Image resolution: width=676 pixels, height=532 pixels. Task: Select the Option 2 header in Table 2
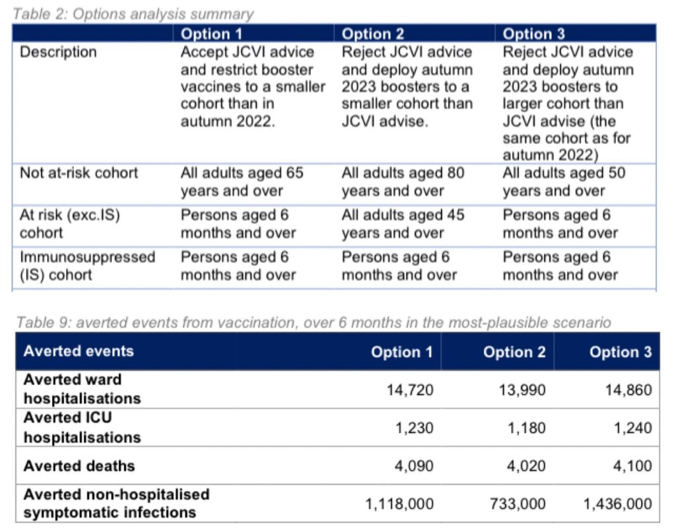click(373, 34)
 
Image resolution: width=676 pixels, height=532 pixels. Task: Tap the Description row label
click(58, 52)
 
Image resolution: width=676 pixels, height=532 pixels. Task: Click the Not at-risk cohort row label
click(79, 173)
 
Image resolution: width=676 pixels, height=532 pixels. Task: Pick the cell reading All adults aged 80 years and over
click(403, 182)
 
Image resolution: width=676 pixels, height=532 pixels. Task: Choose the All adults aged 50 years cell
click(564, 182)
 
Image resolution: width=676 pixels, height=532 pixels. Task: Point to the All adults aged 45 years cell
click(403, 224)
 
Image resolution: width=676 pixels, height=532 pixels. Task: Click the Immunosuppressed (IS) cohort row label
click(87, 265)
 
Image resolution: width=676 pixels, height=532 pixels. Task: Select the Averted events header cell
click(79, 350)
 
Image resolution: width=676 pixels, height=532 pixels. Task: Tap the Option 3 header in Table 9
click(620, 352)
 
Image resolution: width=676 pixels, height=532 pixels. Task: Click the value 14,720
click(409, 389)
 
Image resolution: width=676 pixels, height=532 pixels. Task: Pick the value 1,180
click(527, 428)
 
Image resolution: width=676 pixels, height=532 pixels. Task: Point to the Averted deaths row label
click(79, 466)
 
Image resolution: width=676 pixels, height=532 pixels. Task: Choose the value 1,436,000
click(617, 504)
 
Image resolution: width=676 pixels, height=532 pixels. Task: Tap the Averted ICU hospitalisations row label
click(82, 428)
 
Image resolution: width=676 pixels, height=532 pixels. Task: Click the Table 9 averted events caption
click(312, 322)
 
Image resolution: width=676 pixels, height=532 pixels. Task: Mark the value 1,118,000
click(399, 504)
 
